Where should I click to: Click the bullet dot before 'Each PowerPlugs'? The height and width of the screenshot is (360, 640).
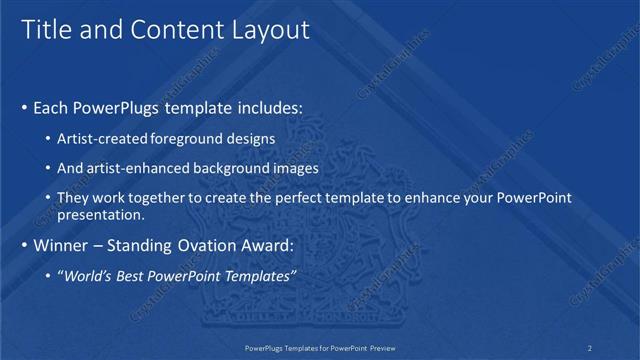click(24, 106)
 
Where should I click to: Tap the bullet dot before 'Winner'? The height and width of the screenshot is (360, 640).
click(24, 246)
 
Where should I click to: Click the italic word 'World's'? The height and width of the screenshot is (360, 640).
click(89, 276)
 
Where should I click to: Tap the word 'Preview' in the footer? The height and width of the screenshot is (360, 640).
click(379, 347)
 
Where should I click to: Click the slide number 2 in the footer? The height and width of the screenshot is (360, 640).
click(590, 347)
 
